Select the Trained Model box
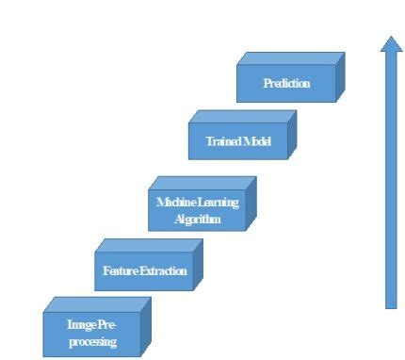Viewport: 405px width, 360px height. (238, 140)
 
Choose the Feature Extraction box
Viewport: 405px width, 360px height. (143, 271)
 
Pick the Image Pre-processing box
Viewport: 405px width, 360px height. (91, 331)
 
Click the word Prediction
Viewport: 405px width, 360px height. (285, 84)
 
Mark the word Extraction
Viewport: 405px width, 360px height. (163, 272)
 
